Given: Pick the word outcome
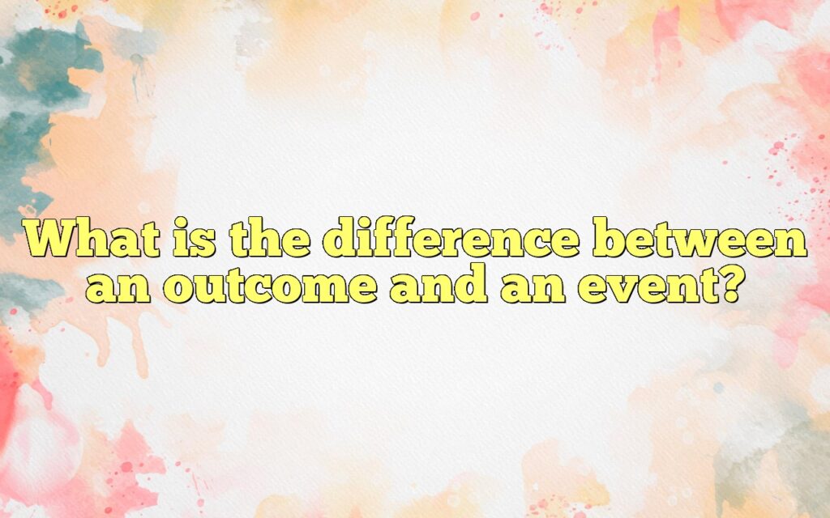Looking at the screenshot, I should click(272, 287).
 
